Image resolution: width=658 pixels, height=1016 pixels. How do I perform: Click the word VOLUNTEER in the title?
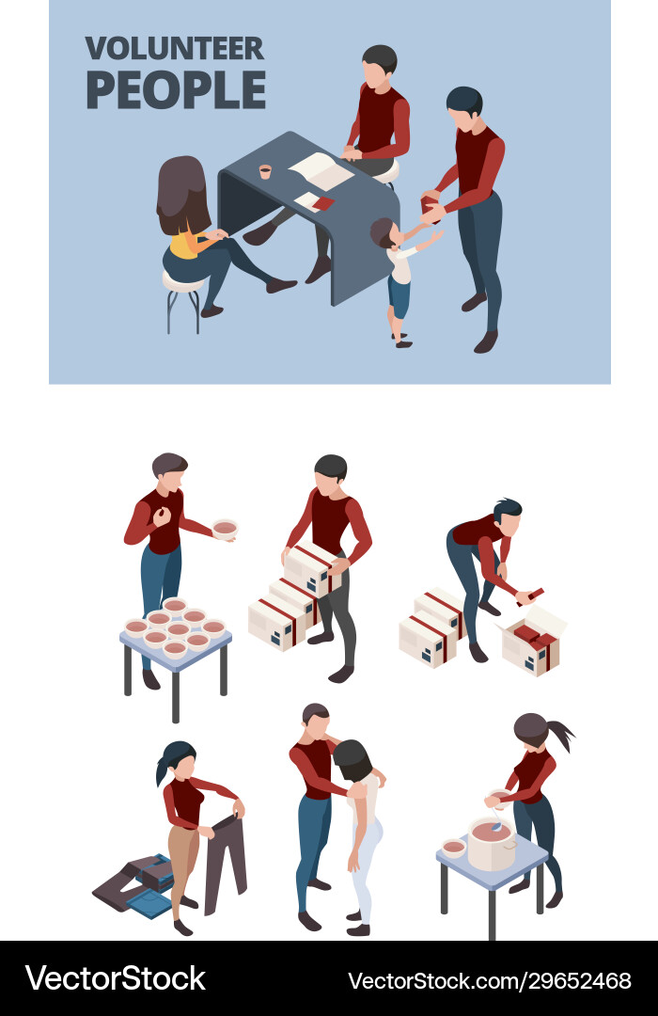click(x=175, y=49)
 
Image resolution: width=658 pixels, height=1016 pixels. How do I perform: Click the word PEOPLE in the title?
click(x=175, y=90)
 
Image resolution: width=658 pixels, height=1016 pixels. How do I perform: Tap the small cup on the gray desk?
click(x=265, y=171)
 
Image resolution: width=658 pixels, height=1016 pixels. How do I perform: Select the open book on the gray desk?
click(x=321, y=170)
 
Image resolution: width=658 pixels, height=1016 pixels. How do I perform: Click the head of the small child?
click(x=382, y=230)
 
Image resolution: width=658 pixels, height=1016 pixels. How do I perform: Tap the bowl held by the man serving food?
click(x=225, y=528)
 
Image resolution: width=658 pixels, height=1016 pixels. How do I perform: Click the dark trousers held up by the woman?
click(x=227, y=861)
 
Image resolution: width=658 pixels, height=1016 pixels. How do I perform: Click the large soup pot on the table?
click(x=491, y=842)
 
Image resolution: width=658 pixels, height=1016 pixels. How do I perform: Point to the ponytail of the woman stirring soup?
click(x=558, y=735)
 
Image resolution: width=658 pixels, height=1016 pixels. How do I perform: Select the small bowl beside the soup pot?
click(x=453, y=848)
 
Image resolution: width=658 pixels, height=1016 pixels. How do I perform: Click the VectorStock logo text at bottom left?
click(x=115, y=978)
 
